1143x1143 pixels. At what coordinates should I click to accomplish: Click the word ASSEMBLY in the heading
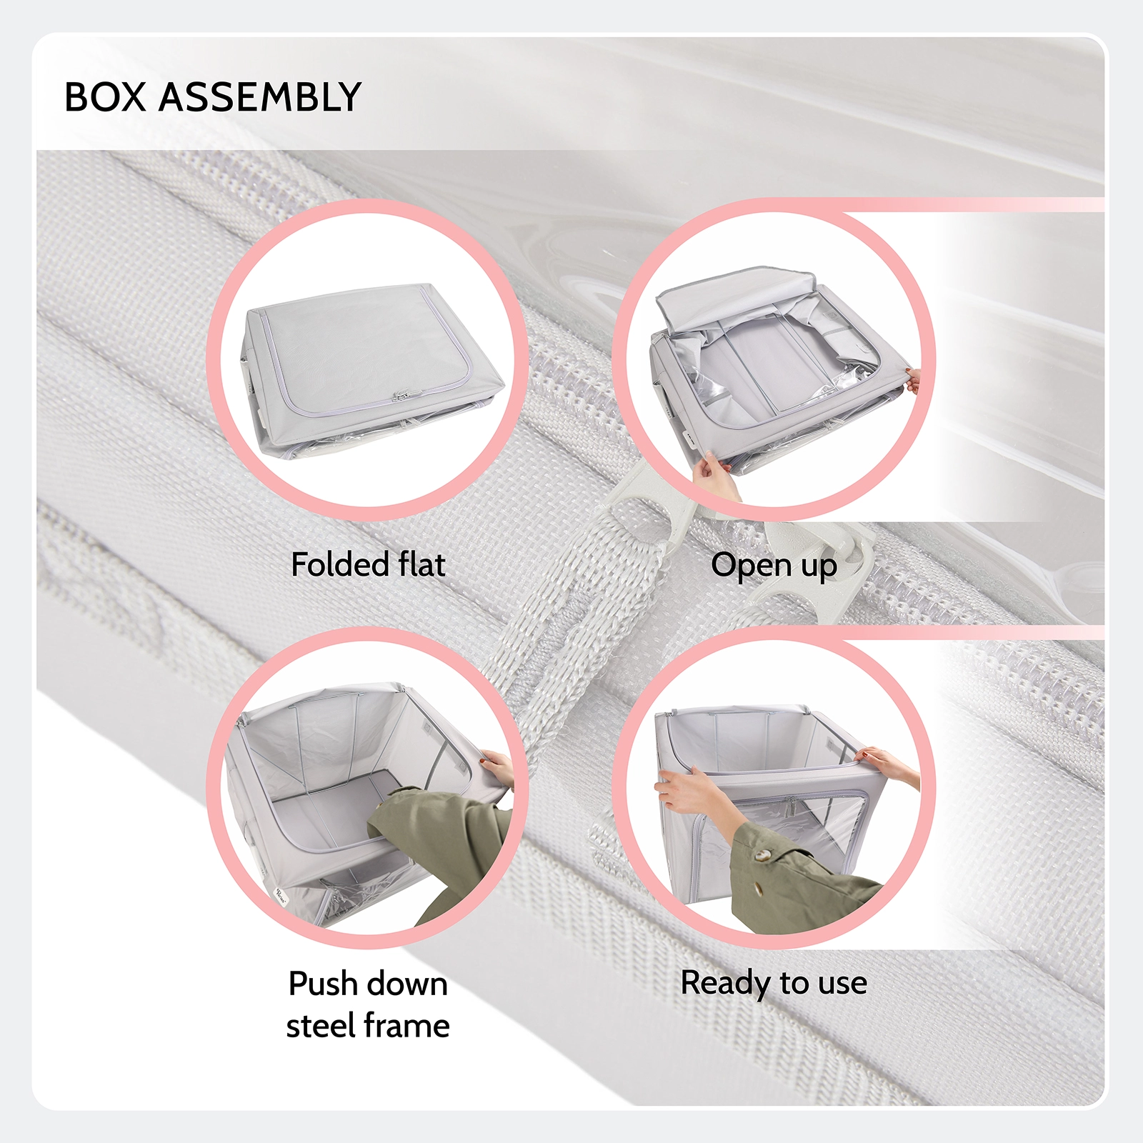(x=260, y=97)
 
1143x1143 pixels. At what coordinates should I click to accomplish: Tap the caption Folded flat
(x=368, y=564)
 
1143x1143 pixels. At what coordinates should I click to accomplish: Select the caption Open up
(x=774, y=565)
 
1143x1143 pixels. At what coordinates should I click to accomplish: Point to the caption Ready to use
(x=774, y=983)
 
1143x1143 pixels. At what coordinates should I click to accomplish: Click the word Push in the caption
(x=326, y=984)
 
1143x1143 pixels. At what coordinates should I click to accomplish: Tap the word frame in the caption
(x=410, y=1026)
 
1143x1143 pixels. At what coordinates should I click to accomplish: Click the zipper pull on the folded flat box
(x=402, y=394)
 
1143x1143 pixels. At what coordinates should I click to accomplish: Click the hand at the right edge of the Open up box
(x=912, y=379)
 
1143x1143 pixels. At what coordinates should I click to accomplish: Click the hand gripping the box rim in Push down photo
(x=498, y=769)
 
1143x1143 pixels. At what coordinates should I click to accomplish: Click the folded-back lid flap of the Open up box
(x=736, y=293)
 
